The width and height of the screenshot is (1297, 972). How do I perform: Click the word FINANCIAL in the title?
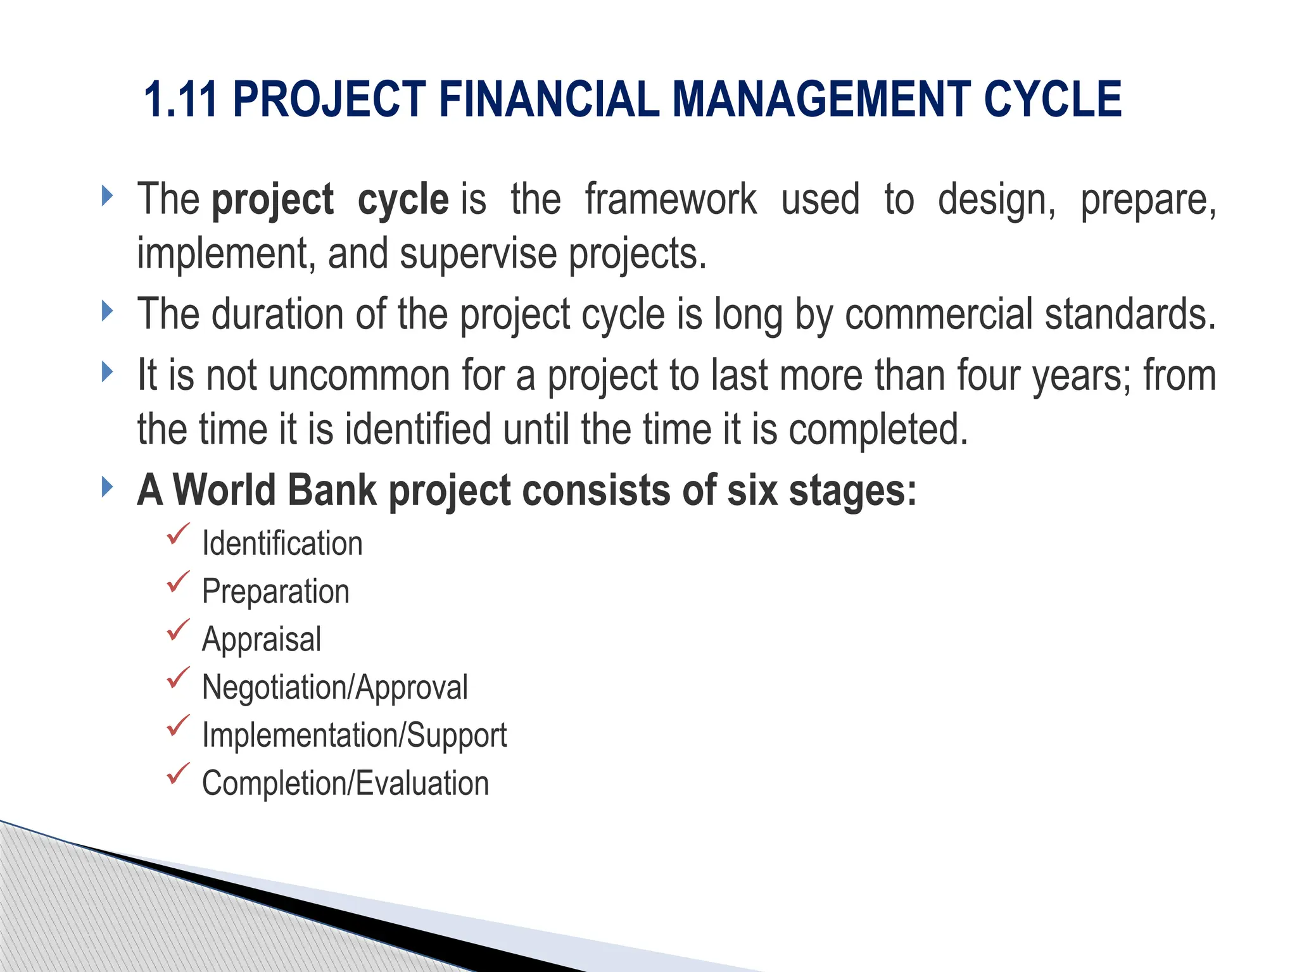point(548,100)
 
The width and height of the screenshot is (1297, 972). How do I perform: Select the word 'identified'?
point(418,430)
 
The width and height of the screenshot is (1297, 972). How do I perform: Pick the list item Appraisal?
point(262,639)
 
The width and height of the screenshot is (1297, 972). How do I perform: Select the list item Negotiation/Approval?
point(334,687)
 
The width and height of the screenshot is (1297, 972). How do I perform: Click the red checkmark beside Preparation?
point(178,582)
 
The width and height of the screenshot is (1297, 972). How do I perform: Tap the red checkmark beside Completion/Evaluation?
point(178,773)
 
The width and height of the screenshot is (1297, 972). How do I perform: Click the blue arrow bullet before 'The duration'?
point(108,311)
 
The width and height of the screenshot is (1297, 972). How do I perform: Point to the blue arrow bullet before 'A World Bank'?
point(108,487)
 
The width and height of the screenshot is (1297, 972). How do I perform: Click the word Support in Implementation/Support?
point(457,735)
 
